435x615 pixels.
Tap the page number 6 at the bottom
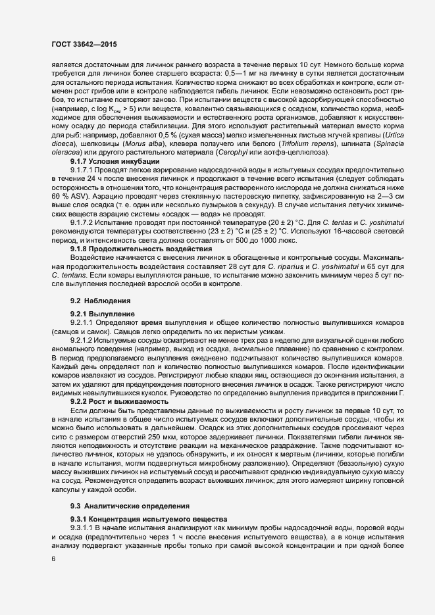(x=53, y=559)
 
